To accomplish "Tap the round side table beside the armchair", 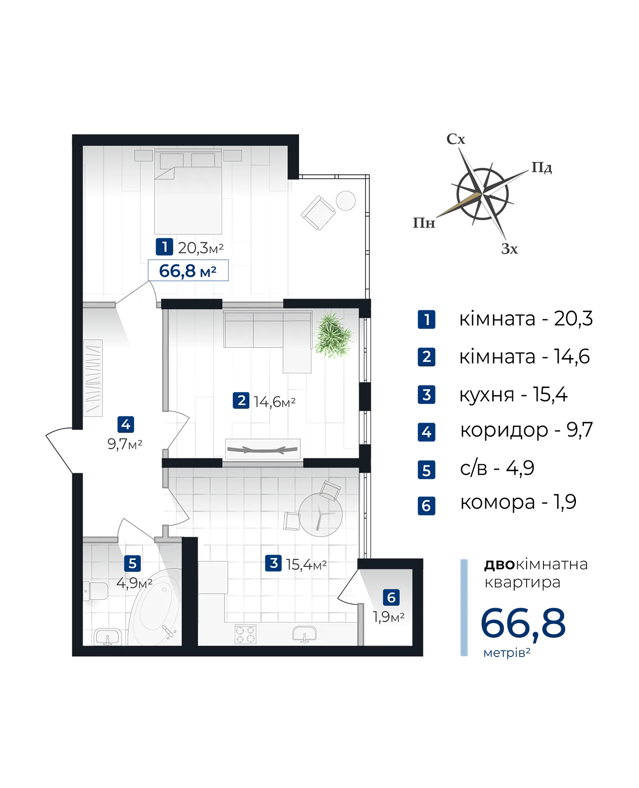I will click(345, 200).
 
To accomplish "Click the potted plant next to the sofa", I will click(333, 334).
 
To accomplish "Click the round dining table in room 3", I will click(321, 514).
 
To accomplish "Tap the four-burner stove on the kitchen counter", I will click(245, 633).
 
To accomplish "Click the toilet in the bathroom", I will click(96, 591).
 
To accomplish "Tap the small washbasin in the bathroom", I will click(107, 637).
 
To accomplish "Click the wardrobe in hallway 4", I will click(93, 378).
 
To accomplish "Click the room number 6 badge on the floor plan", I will click(391, 597).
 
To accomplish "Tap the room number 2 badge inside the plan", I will click(241, 400).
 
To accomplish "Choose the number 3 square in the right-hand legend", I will click(427, 395).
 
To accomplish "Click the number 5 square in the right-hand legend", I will click(427, 470).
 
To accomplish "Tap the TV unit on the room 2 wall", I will click(263, 449).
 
